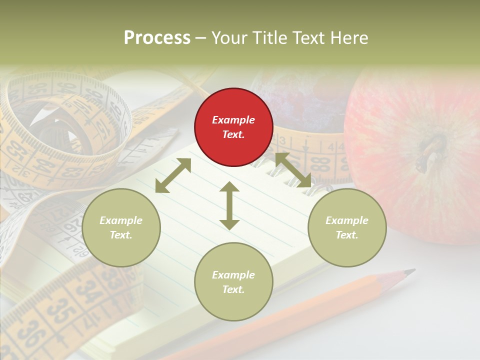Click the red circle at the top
[233, 127]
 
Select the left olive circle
[121, 227]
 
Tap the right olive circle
[347, 227]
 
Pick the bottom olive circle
[233, 281]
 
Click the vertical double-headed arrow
[229, 205]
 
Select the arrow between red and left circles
[173, 175]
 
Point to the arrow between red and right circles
[293, 170]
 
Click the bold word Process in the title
[157, 37]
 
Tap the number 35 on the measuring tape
[59, 311]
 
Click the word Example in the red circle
[233, 120]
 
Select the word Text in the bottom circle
[233, 289]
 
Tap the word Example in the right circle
[347, 220]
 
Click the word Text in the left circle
[121, 235]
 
